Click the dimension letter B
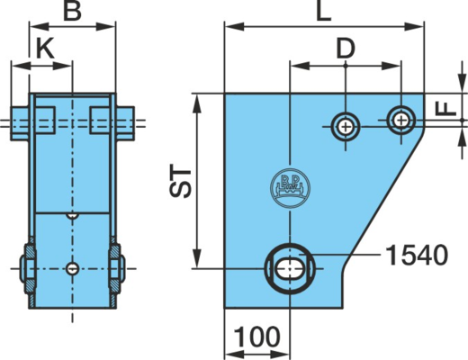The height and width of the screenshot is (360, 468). coord(73,11)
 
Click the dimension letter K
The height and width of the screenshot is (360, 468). coord(45,48)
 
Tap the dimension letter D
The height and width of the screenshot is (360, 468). coord(346,48)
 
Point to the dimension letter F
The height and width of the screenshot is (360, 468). coord(445,109)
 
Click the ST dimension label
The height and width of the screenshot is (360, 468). coord(180,181)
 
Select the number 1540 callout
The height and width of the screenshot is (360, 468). coord(417,255)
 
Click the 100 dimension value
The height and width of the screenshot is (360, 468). coord(256,337)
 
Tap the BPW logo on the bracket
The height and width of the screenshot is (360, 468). coord(290,187)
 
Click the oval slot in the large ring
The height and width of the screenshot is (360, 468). coord(289,268)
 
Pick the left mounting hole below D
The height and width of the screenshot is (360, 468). coord(346,127)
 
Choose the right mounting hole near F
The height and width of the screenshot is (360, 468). coord(401,120)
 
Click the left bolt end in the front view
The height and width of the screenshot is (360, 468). coord(20,123)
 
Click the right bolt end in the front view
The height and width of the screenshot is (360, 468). coord(125,123)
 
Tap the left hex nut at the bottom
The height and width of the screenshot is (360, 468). coord(29,268)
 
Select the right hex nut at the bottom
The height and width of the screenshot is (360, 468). coord(117,268)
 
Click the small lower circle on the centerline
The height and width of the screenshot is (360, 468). coord(72,268)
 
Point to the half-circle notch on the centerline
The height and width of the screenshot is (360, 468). coord(72,216)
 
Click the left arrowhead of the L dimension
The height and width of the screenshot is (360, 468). coord(234,27)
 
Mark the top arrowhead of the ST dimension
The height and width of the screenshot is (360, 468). coord(197,103)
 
